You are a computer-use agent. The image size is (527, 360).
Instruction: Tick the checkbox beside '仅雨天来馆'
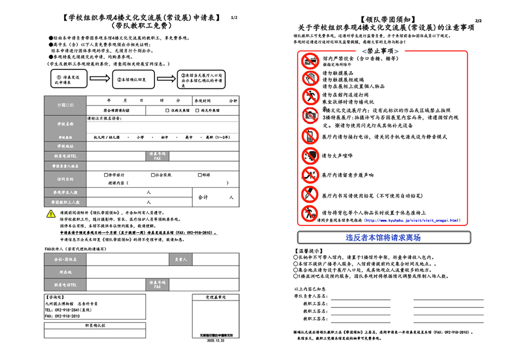tap(167, 110)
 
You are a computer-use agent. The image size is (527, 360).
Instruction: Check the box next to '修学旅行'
tap(106, 175)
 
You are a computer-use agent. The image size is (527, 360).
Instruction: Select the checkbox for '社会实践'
tap(153, 175)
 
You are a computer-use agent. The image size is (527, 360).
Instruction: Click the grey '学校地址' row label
tap(65, 147)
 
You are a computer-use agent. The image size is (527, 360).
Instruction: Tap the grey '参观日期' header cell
tap(65, 105)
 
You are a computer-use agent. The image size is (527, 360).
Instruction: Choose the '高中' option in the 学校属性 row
tap(188, 137)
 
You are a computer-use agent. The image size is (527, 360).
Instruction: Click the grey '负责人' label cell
tap(181, 260)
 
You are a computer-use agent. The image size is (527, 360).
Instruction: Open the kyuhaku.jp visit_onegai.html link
tap(412, 220)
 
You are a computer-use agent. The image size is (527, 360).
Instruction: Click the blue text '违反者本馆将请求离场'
tap(383, 237)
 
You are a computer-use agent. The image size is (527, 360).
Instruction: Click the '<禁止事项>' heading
tap(380, 52)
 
